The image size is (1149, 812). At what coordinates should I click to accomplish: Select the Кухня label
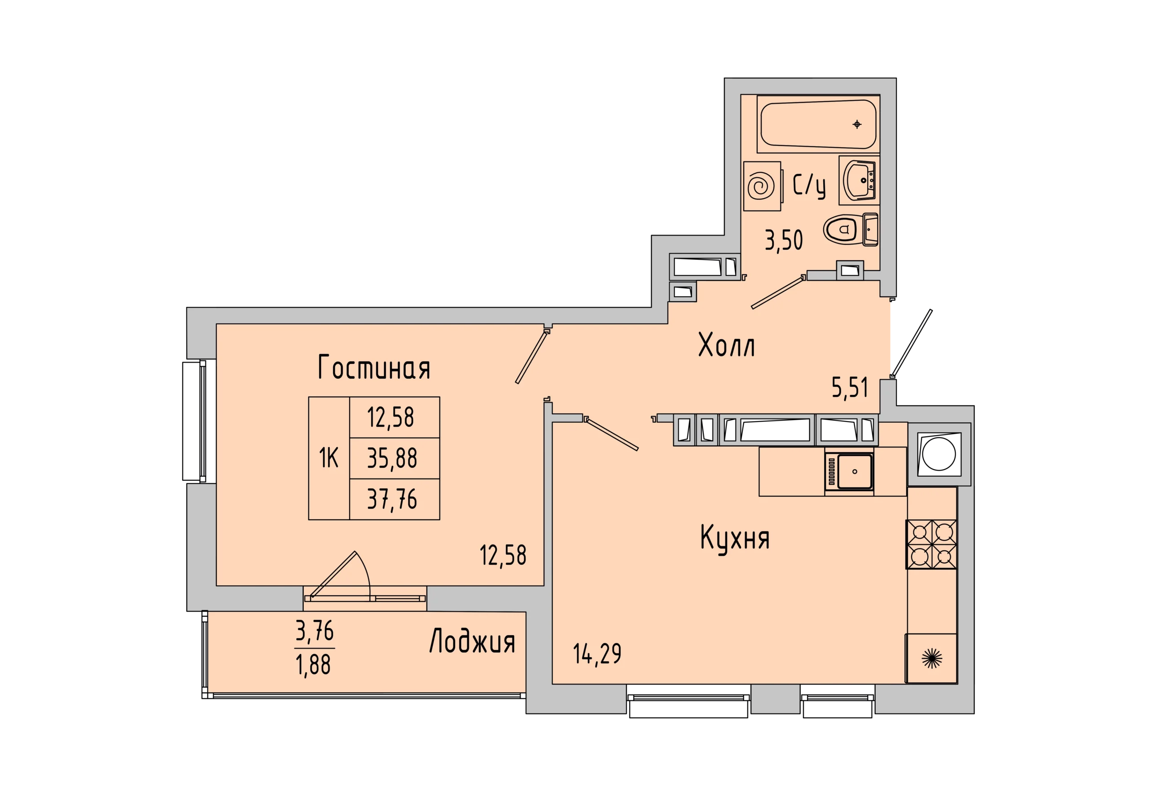tap(735, 538)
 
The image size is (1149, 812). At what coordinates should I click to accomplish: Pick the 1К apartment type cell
tap(329, 458)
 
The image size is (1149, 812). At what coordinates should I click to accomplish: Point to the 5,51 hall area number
tap(850, 387)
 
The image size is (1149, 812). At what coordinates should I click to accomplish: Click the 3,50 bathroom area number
tap(784, 240)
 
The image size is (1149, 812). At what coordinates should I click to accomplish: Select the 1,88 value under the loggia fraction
tap(313, 665)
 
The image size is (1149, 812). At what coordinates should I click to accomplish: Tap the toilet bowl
tap(851, 230)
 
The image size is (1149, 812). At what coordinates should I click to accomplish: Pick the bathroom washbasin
tap(859, 180)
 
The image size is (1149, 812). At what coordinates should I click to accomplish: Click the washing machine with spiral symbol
tap(762, 186)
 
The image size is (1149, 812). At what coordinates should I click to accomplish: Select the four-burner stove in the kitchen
tap(931, 544)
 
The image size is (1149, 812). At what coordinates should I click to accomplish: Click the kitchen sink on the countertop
tap(849, 470)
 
